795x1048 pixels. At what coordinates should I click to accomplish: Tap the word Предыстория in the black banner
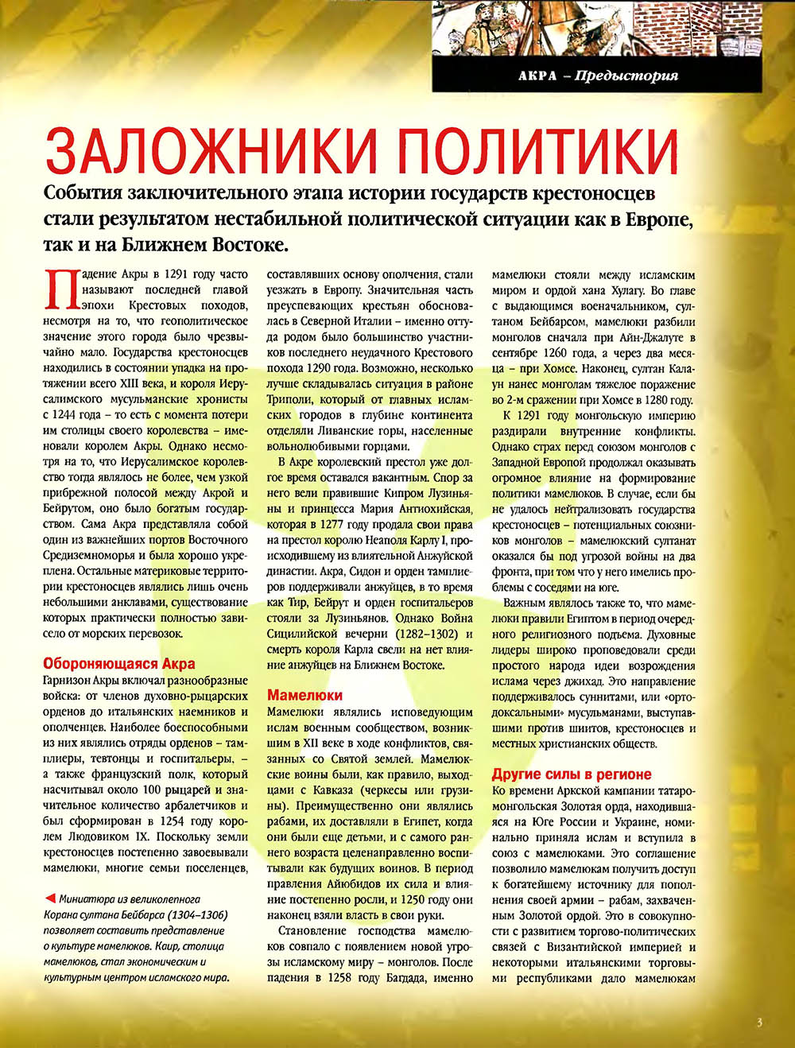626,76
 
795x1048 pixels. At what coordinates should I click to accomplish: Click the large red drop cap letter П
60,290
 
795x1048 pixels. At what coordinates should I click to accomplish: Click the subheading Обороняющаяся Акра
119,664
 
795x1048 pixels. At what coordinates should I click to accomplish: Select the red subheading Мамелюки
304,695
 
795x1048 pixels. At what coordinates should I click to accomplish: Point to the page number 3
759,1023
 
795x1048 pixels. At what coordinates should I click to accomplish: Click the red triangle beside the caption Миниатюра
50,899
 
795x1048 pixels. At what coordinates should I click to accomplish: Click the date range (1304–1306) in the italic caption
186,914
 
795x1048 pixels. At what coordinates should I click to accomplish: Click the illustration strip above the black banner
596,28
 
